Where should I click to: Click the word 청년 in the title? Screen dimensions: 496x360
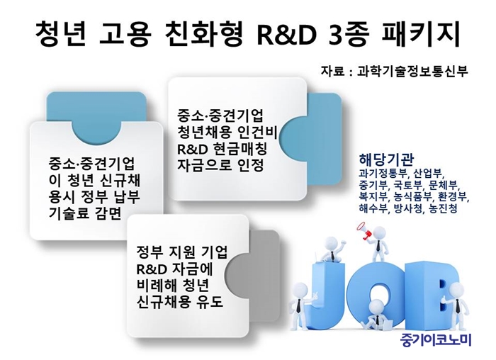tap(60, 33)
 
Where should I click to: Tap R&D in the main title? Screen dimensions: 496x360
tap(286, 35)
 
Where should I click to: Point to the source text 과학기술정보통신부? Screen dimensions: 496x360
tap(412, 72)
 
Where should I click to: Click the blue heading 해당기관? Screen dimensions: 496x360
tap(386, 159)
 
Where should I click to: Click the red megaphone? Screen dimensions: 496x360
tap(364, 230)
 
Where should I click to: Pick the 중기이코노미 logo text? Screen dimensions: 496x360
tap(436, 340)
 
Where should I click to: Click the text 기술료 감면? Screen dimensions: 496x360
tap(85, 214)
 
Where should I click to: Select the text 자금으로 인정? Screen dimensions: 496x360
tap(220, 165)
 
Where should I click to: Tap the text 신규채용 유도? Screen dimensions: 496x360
tap(180, 302)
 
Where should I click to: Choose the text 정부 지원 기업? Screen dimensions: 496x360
tap(182, 253)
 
